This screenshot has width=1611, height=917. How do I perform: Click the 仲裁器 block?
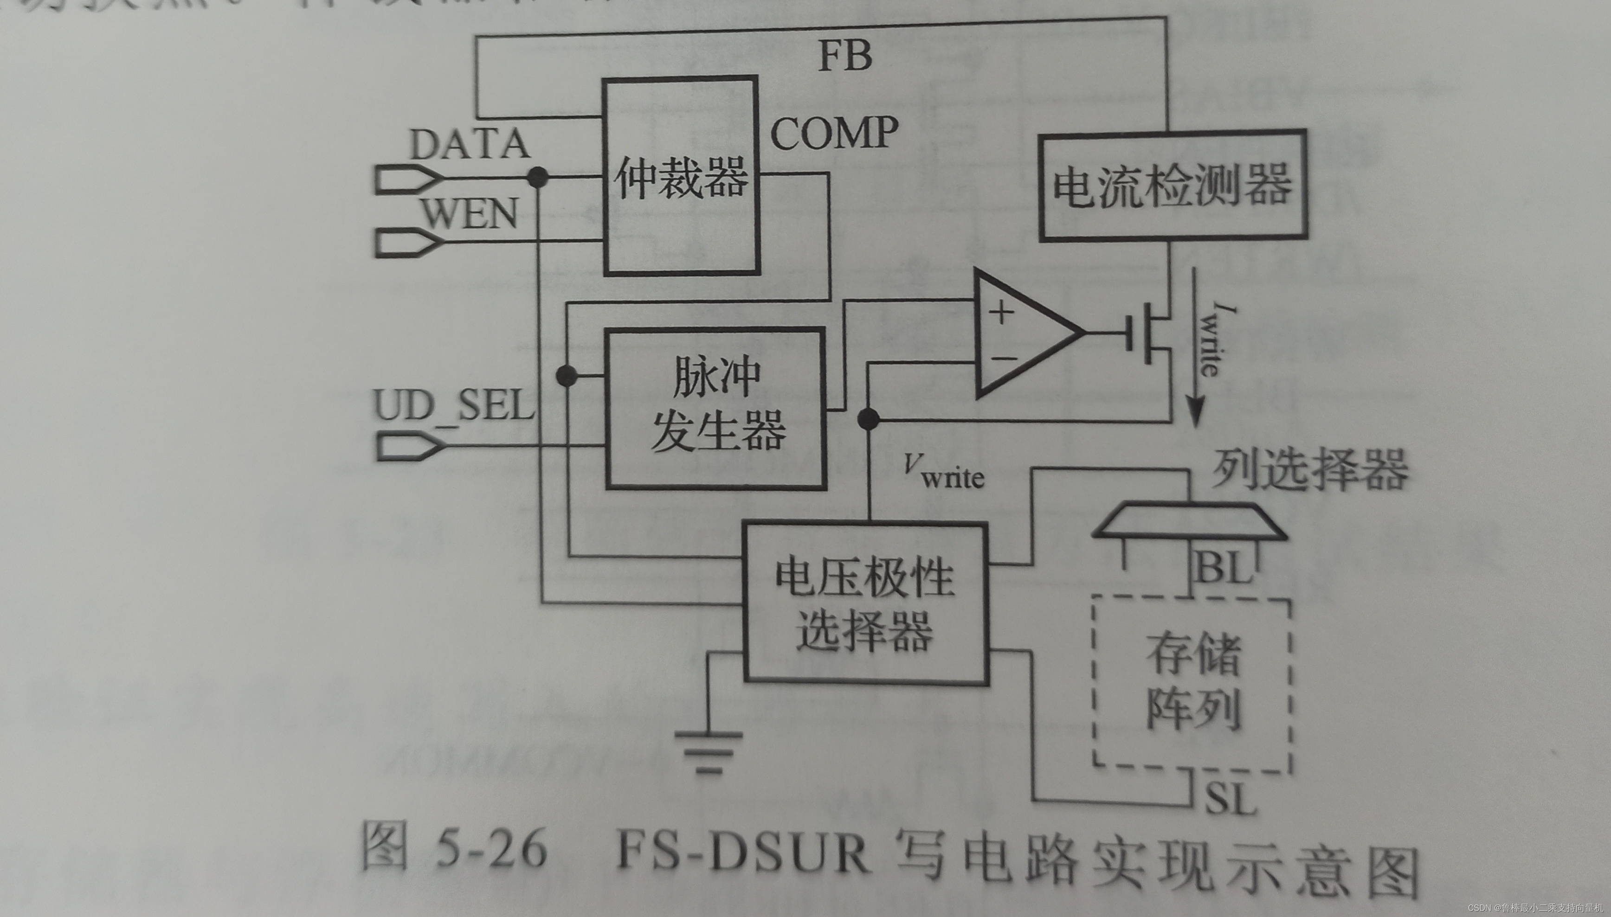click(680, 176)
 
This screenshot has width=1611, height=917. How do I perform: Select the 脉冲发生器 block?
click(716, 408)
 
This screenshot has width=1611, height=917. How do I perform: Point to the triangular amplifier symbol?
click(1021, 334)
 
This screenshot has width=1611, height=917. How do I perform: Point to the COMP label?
click(834, 134)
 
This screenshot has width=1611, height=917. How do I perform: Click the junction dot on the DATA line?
click(537, 177)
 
